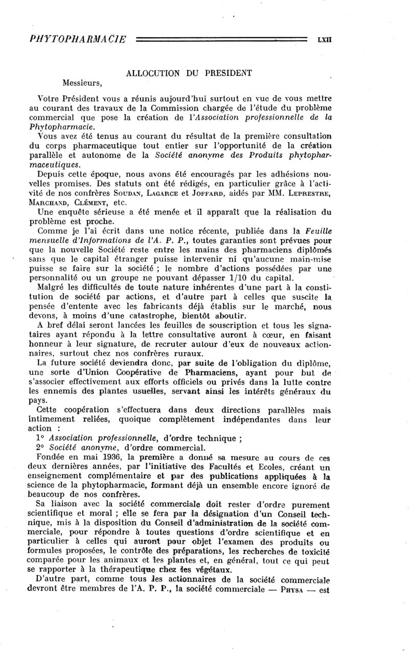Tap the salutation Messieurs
83,82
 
